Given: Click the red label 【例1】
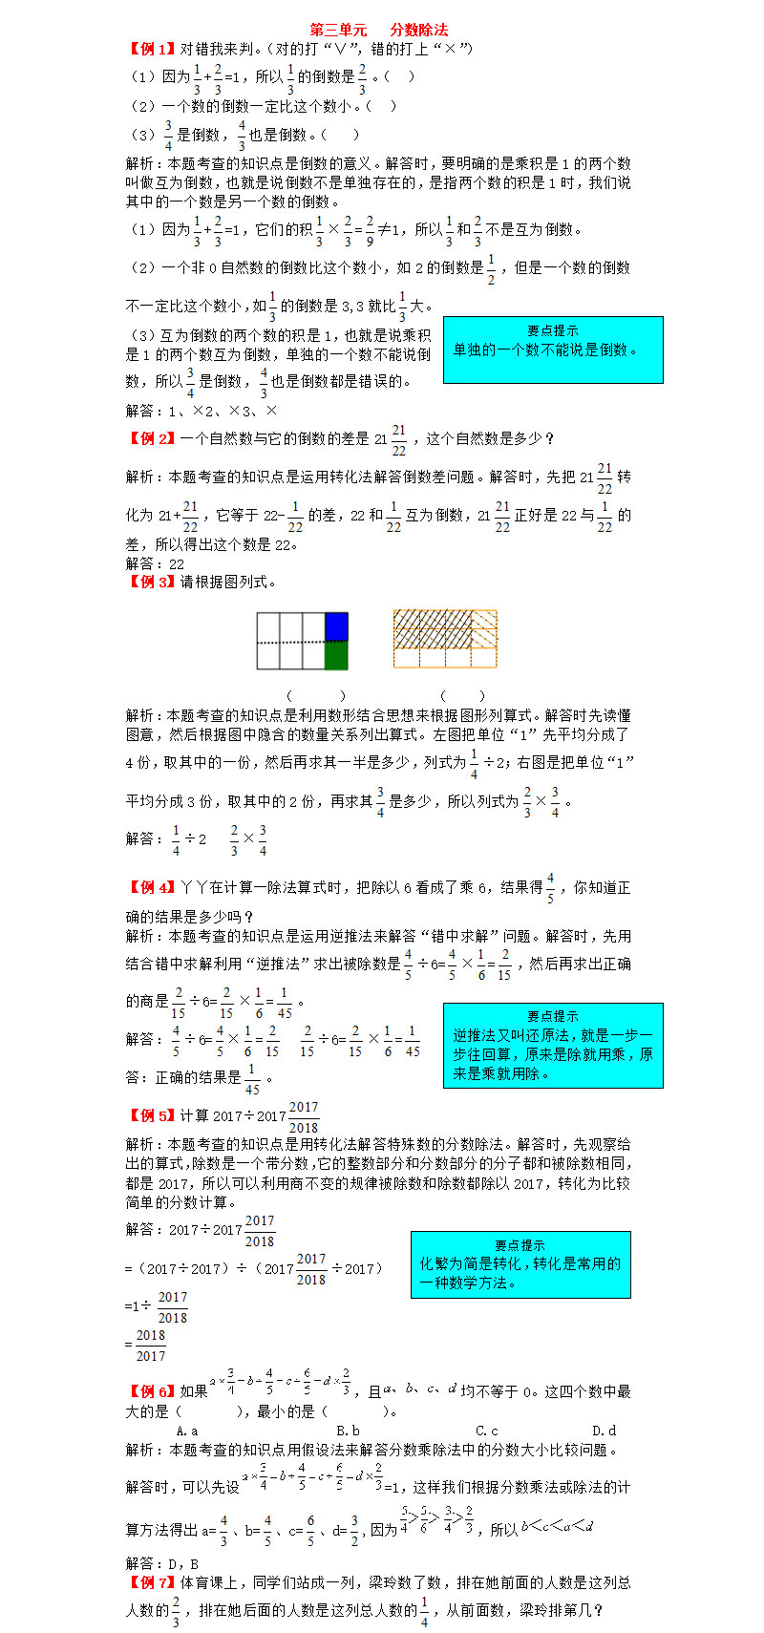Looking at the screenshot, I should (152, 49).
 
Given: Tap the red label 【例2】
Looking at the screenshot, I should (152, 438).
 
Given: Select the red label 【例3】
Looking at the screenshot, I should (152, 582).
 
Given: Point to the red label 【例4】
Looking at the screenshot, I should (152, 887).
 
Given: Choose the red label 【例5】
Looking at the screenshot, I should (152, 1115).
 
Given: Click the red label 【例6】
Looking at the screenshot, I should (152, 1391).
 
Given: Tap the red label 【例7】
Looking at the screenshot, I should (152, 1582).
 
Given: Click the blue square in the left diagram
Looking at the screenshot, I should (336, 626).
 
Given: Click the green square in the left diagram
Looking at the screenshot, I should (336, 655).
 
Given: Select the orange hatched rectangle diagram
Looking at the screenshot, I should (445, 639).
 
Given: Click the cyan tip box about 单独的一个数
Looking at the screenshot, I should (553, 350).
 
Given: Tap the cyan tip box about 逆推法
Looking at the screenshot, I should (553, 1045).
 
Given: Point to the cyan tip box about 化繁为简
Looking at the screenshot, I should (520, 1264).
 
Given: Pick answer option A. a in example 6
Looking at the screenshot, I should (187, 1431).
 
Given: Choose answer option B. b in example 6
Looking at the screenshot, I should (348, 1431).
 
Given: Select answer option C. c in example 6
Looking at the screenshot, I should (487, 1431).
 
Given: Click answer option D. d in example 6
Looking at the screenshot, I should (605, 1431).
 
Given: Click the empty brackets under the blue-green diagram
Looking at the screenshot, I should (316, 696).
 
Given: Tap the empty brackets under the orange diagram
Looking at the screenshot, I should (462, 696).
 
